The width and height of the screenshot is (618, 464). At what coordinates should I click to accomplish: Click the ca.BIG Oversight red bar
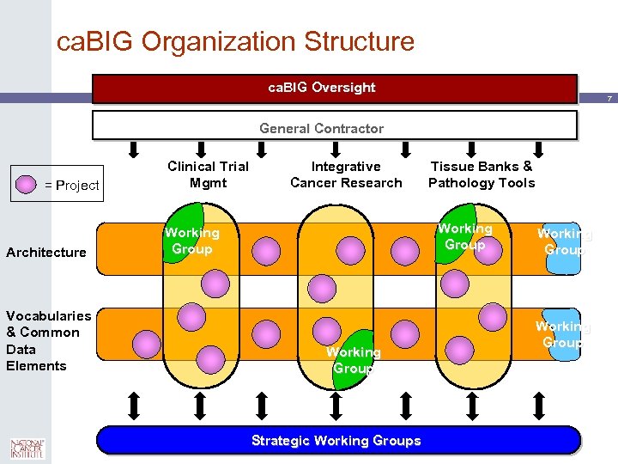point(335,89)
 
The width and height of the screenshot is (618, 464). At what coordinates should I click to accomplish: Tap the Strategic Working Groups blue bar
point(336,440)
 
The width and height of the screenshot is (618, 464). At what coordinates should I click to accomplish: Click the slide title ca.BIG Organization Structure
point(235,41)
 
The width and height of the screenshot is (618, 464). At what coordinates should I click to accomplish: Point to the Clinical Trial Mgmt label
point(208,174)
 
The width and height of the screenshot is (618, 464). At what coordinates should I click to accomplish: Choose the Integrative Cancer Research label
point(346,174)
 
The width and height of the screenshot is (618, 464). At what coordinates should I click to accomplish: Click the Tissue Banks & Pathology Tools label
point(482,174)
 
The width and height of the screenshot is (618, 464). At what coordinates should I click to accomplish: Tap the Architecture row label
point(46,252)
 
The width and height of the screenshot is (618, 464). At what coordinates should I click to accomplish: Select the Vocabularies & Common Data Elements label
point(48,340)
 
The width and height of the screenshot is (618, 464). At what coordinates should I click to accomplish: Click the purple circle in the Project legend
point(26,185)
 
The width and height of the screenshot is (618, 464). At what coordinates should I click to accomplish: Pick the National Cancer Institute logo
point(27,449)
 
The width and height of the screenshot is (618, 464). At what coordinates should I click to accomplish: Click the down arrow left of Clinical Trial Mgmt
point(134,150)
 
